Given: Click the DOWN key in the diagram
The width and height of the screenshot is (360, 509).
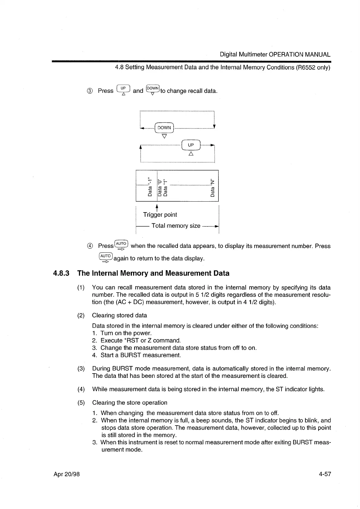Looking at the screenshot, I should [x=164, y=128].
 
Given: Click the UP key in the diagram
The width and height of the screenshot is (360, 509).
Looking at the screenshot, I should [x=191, y=145].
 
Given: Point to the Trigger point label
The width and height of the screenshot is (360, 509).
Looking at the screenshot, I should [x=160, y=215].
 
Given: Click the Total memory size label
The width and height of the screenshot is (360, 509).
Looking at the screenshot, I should [x=176, y=226].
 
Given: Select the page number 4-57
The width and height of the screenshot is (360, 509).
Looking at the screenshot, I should [x=325, y=474].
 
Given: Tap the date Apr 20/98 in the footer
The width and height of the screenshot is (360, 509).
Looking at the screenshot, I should [x=67, y=474].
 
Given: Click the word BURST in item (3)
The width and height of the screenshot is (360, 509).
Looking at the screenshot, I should [x=121, y=368].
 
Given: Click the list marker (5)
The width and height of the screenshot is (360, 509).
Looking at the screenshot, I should [x=81, y=403].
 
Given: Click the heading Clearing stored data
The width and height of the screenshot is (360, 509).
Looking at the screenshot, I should [x=119, y=315].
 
